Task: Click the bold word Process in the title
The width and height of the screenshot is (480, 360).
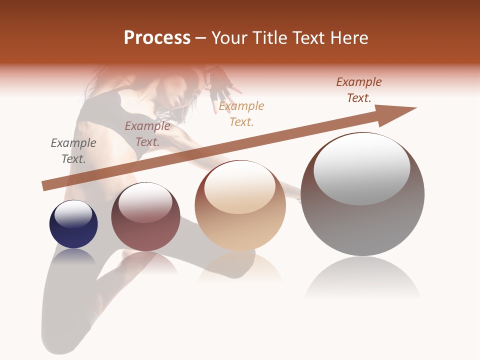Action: pos(157,38)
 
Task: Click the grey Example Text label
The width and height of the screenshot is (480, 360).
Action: pos(73,150)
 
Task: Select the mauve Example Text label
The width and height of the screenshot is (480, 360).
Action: pos(147,133)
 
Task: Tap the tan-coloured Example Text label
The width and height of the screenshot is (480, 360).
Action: pos(241,113)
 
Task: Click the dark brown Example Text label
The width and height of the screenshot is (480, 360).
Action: pos(359,89)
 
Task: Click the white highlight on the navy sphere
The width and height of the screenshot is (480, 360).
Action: pos(73,213)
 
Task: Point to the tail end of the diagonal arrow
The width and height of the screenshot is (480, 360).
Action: pos(45,186)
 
